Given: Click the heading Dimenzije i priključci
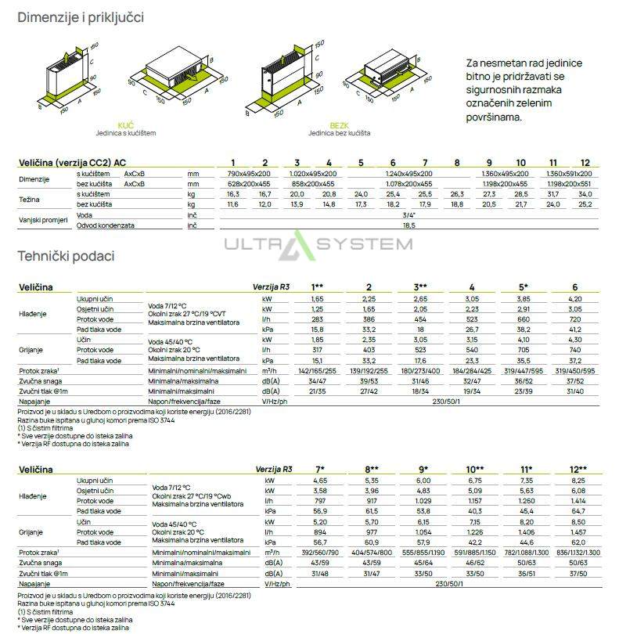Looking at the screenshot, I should pyautogui.click(x=81, y=17).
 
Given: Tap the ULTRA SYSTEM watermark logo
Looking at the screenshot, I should pyautogui.click(x=318, y=243).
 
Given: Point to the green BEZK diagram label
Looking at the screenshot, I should pyautogui.click(x=339, y=125).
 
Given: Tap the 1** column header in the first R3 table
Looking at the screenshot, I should pyautogui.click(x=318, y=287).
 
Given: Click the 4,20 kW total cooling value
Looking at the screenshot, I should pyautogui.click(x=575, y=299).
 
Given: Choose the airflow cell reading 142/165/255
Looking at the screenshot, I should pyautogui.click(x=318, y=371).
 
